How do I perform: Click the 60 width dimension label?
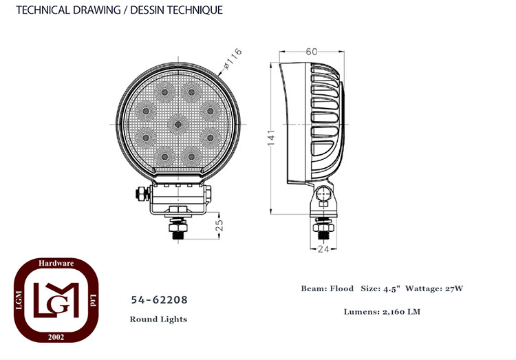311,52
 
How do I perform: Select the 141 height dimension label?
271,138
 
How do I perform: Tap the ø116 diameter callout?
233,59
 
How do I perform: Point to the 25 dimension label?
219,225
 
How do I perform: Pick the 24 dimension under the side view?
323,249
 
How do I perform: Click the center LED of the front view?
178,124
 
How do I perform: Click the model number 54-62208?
160,299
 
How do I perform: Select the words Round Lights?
158,319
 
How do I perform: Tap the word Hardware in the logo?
56,263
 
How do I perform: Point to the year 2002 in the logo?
56,337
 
